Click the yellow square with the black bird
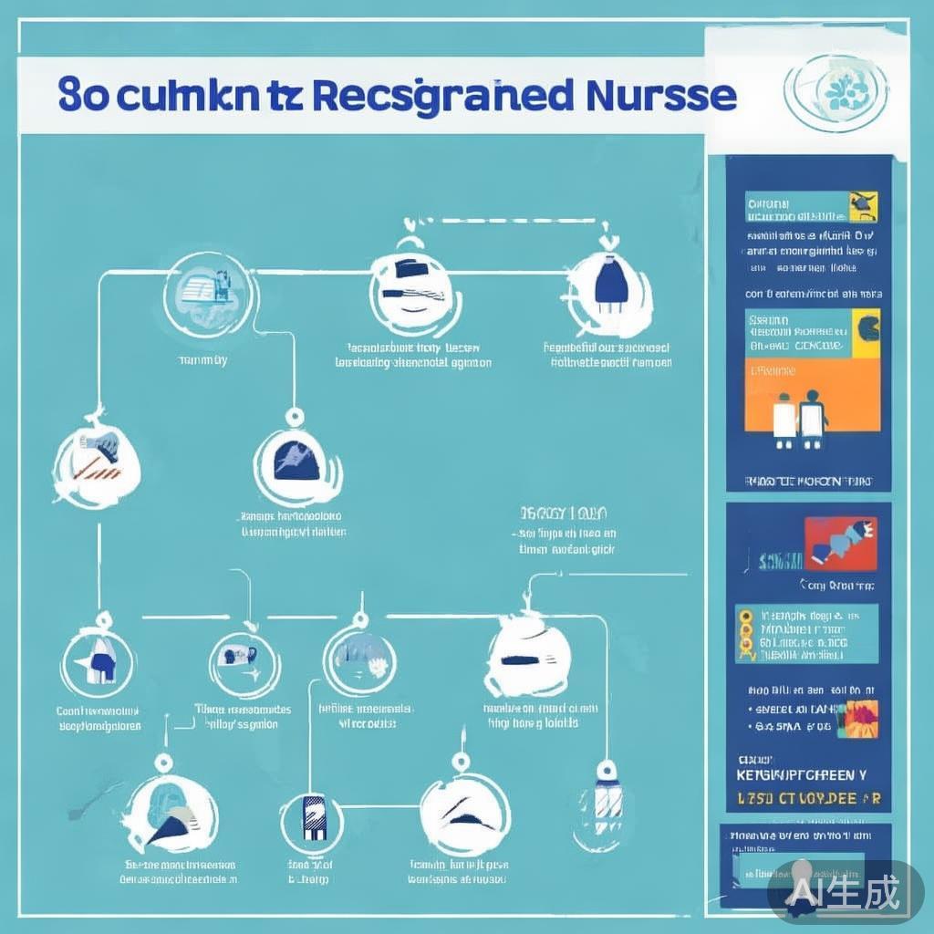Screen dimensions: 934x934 862,206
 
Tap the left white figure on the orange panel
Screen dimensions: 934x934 784,420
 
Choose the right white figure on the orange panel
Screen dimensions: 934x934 812,418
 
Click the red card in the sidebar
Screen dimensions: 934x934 840,543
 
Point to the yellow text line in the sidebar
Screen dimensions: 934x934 808,799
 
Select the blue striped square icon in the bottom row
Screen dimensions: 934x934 313,817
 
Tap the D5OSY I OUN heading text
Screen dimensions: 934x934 565,513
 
